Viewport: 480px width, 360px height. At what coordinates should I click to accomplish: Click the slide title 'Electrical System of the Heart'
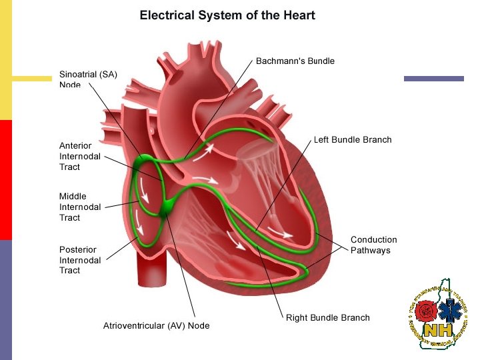click(227, 15)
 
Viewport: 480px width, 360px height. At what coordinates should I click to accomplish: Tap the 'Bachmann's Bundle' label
click(295, 61)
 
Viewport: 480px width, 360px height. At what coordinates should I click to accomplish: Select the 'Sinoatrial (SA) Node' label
click(88, 79)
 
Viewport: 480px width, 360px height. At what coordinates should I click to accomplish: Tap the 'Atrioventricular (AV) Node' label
click(156, 326)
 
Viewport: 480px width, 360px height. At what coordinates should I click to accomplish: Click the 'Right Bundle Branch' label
click(327, 317)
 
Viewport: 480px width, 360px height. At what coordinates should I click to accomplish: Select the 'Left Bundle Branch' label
click(353, 140)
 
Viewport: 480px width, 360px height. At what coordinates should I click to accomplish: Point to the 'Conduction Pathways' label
click(373, 245)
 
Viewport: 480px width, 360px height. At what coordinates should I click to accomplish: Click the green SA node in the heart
click(142, 163)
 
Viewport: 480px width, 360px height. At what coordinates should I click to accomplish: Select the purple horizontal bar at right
click(433, 79)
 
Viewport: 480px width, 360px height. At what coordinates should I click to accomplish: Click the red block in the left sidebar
click(6, 180)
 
